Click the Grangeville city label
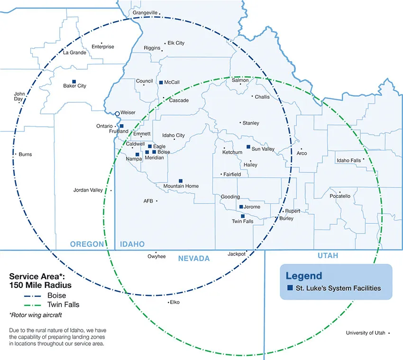click(145, 12)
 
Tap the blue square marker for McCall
click(161, 82)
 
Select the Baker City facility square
click(73, 81)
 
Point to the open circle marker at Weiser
click(117, 113)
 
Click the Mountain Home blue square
click(181, 181)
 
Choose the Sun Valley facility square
click(248, 147)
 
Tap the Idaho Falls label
click(349, 160)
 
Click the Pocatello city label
click(340, 196)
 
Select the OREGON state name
click(87, 244)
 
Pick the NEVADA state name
click(193, 258)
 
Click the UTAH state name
click(327, 256)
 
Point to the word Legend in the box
click(303, 276)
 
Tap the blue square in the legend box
click(290, 288)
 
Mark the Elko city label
click(174, 302)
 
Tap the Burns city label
click(26, 154)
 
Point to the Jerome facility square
click(241, 207)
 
